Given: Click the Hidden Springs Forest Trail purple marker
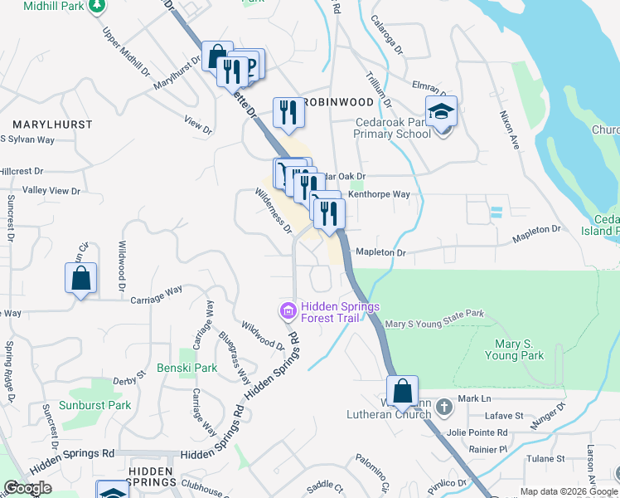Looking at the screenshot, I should (287, 312).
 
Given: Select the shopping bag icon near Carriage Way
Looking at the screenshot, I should (80, 278).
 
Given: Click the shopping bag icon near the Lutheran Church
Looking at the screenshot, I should (402, 392).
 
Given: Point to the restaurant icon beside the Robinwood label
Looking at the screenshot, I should (288, 112).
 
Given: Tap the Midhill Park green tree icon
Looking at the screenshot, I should (98, 6).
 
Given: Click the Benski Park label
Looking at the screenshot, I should (186, 368).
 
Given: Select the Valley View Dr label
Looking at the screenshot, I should (51, 191).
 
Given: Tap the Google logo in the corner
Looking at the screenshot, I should (27, 488).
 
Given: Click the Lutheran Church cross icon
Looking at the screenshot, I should (444, 407).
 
